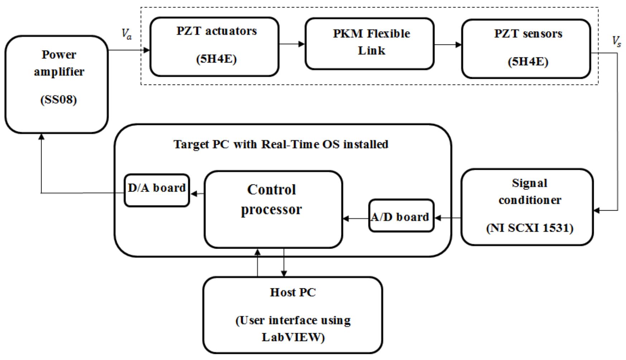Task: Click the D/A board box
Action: tap(156, 191)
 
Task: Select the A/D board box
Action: tap(401, 216)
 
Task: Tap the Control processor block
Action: tap(273, 210)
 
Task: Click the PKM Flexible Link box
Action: tap(369, 43)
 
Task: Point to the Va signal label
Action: tap(126, 34)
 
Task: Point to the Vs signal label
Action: tap(616, 42)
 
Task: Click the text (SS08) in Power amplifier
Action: tap(58, 100)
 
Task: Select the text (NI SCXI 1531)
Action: tap(529, 228)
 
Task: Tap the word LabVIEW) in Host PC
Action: tap(293, 337)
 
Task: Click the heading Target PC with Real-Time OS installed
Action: tap(281, 144)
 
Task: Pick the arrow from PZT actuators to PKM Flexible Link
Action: tap(292, 44)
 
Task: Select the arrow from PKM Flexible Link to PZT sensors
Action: tap(448, 45)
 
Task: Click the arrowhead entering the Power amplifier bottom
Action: tap(42, 136)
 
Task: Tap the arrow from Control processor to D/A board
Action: tap(197, 194)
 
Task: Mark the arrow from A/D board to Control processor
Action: tap(356, 219)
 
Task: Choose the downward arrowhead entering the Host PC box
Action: tap(284, 273)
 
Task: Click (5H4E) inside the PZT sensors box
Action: tap(528, 62)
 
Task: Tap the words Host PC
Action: tap(293, 293)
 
